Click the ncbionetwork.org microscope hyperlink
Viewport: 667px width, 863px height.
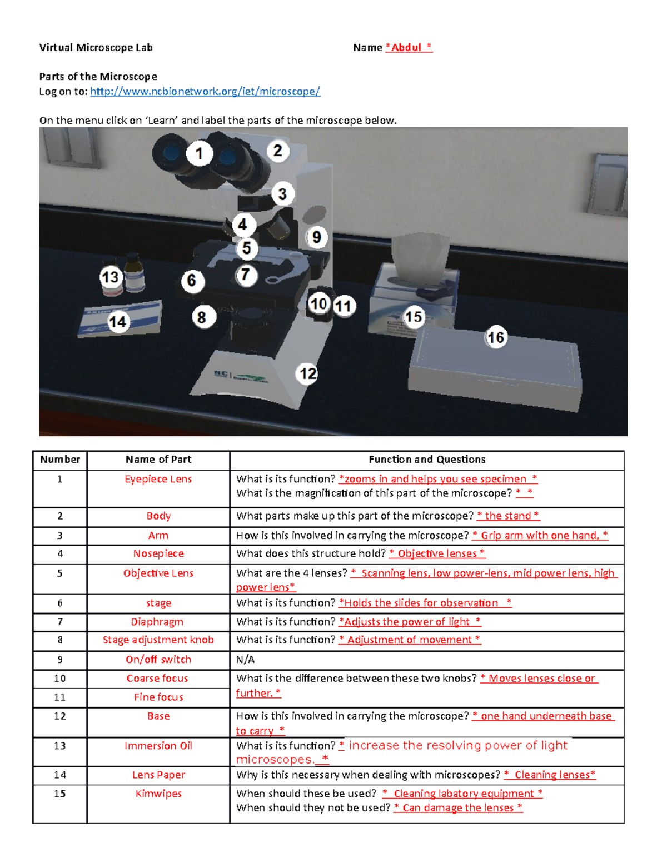pyautogui.click(x=205, y=92)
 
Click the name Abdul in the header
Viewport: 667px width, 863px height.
pyautogui.click(x=406, y=48)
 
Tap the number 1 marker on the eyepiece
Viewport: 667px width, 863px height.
pyautogui.click(x=199, y=153)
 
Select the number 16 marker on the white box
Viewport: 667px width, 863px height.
pyautogui.click(x=496, y=337)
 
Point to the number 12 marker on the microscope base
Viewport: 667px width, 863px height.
pyautogui.click(x=308, y=373)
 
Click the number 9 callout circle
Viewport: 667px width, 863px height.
pyautogui.click(x=316, y=237)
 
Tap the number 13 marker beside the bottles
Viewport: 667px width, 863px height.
pyautogui.click(x=111, y=277)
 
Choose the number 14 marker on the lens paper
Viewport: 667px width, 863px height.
pyautogui.click(x=118, y=322)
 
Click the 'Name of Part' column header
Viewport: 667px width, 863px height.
pyautogui.click(x=158, y=460)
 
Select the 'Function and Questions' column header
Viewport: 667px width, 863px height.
pyautogui.click(x=427, y=460)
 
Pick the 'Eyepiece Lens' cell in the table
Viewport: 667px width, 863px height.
pyautogui.click(x=158, y=479)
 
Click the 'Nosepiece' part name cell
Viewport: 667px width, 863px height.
pyautogui.click(x=158, y=553)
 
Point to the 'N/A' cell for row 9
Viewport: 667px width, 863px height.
pyautogui.click(x=245, y=660)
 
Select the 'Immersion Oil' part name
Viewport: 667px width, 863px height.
pyautogui.click(x=158, y=746)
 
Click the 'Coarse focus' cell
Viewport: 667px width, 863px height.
pyautogui.click(x=157, y=679)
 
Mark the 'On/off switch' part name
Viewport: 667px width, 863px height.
pyautogui.click(x=158, y=660)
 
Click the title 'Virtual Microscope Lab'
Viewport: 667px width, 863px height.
pyautogui.click(x=96, y=48)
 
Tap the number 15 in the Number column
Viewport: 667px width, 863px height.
pyautogui.click(x=60, y=794)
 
